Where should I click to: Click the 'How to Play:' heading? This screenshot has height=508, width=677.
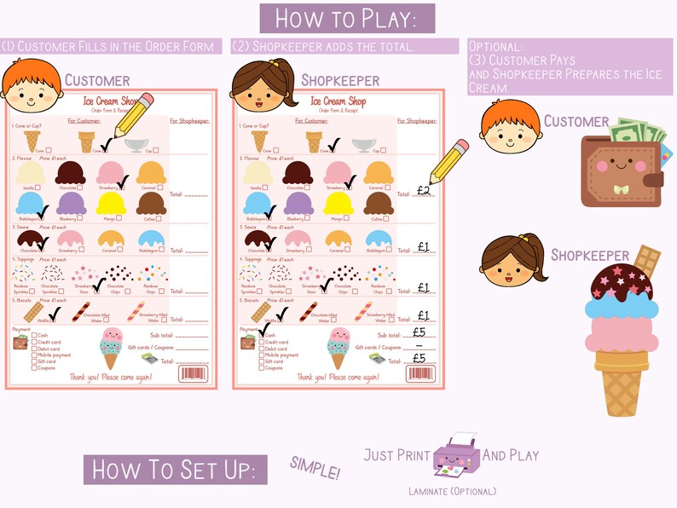(347, 18)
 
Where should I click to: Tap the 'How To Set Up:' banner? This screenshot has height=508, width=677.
(175, 470)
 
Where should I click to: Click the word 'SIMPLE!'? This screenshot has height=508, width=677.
(315, 466)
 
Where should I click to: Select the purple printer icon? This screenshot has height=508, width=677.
(456, 454)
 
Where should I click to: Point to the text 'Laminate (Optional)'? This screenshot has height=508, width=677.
(452, 491)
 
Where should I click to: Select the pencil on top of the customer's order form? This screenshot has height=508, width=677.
(132, 114)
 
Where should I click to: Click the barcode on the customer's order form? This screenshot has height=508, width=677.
(191, 373)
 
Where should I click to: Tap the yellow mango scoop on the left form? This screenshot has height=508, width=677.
(111, 203)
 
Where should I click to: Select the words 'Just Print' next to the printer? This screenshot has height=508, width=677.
(396, 454)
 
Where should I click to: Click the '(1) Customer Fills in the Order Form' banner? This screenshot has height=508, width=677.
(111, 46)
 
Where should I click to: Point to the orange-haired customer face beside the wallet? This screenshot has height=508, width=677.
(510, 124)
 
